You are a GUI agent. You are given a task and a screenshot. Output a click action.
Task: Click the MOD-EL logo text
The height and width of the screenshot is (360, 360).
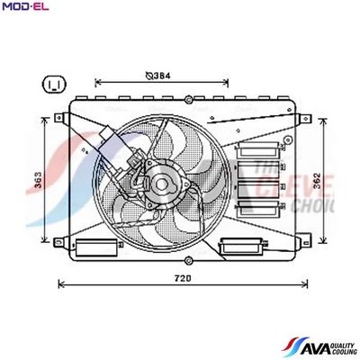point(25,8)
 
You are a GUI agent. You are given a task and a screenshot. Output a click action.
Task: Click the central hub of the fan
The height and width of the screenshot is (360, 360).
point(162,186)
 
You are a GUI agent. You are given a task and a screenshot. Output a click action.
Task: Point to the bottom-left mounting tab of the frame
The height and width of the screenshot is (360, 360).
point(59,241)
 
